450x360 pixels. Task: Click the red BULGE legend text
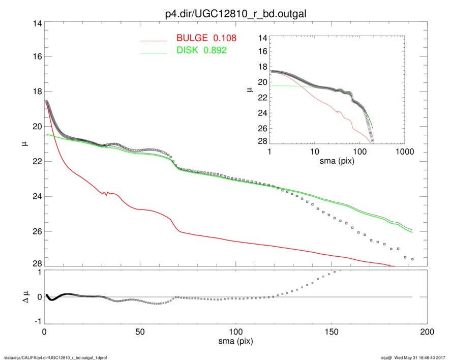click(192, 38)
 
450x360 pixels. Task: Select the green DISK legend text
click(188, 50)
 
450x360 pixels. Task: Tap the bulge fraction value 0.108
click(225, 38)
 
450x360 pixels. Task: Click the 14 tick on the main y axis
click(37, 24)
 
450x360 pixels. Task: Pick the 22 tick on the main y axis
click(37, 162)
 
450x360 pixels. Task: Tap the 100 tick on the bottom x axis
click(235, 332)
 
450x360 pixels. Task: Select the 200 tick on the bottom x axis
click(427, 332)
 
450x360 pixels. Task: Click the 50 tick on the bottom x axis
click(140, 332)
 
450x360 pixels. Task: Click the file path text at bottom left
click(55, 357)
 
